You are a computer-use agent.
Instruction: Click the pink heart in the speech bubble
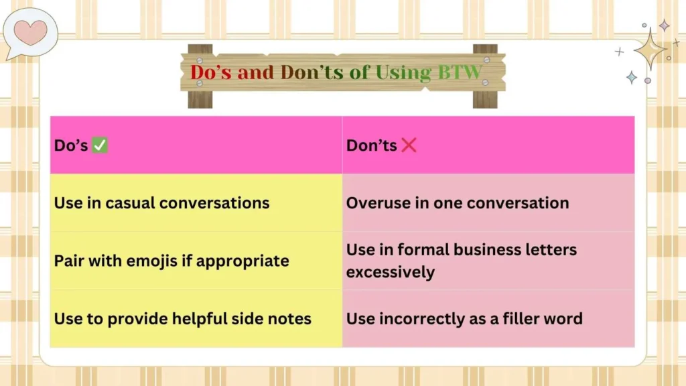pyautogui.click(x=31, y=31)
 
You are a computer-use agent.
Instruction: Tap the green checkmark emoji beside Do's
pyautogui.click(x=100, y=145)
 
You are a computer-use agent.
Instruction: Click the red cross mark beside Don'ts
pyautogui.click(x=409, y=145)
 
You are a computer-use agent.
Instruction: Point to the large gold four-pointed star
pyautogui.click(x=649, y=49)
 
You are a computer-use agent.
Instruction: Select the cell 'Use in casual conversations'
pyautogui.click(x=161, y=203)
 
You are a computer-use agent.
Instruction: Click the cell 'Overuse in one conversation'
pyautogui.click(x=458, y=203)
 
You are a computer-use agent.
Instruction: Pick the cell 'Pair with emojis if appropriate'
pyautogui.click(x=171, y=261)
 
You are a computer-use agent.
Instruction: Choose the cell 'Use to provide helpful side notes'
pyautogui.click(x=183, y=318)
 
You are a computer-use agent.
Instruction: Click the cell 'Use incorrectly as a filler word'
pyautogui.click(x=464, y=318)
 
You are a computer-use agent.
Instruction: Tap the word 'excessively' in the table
pyautogui.click(x=391, y=272)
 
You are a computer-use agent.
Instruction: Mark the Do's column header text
pyautogui.click(x=71, y=145)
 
